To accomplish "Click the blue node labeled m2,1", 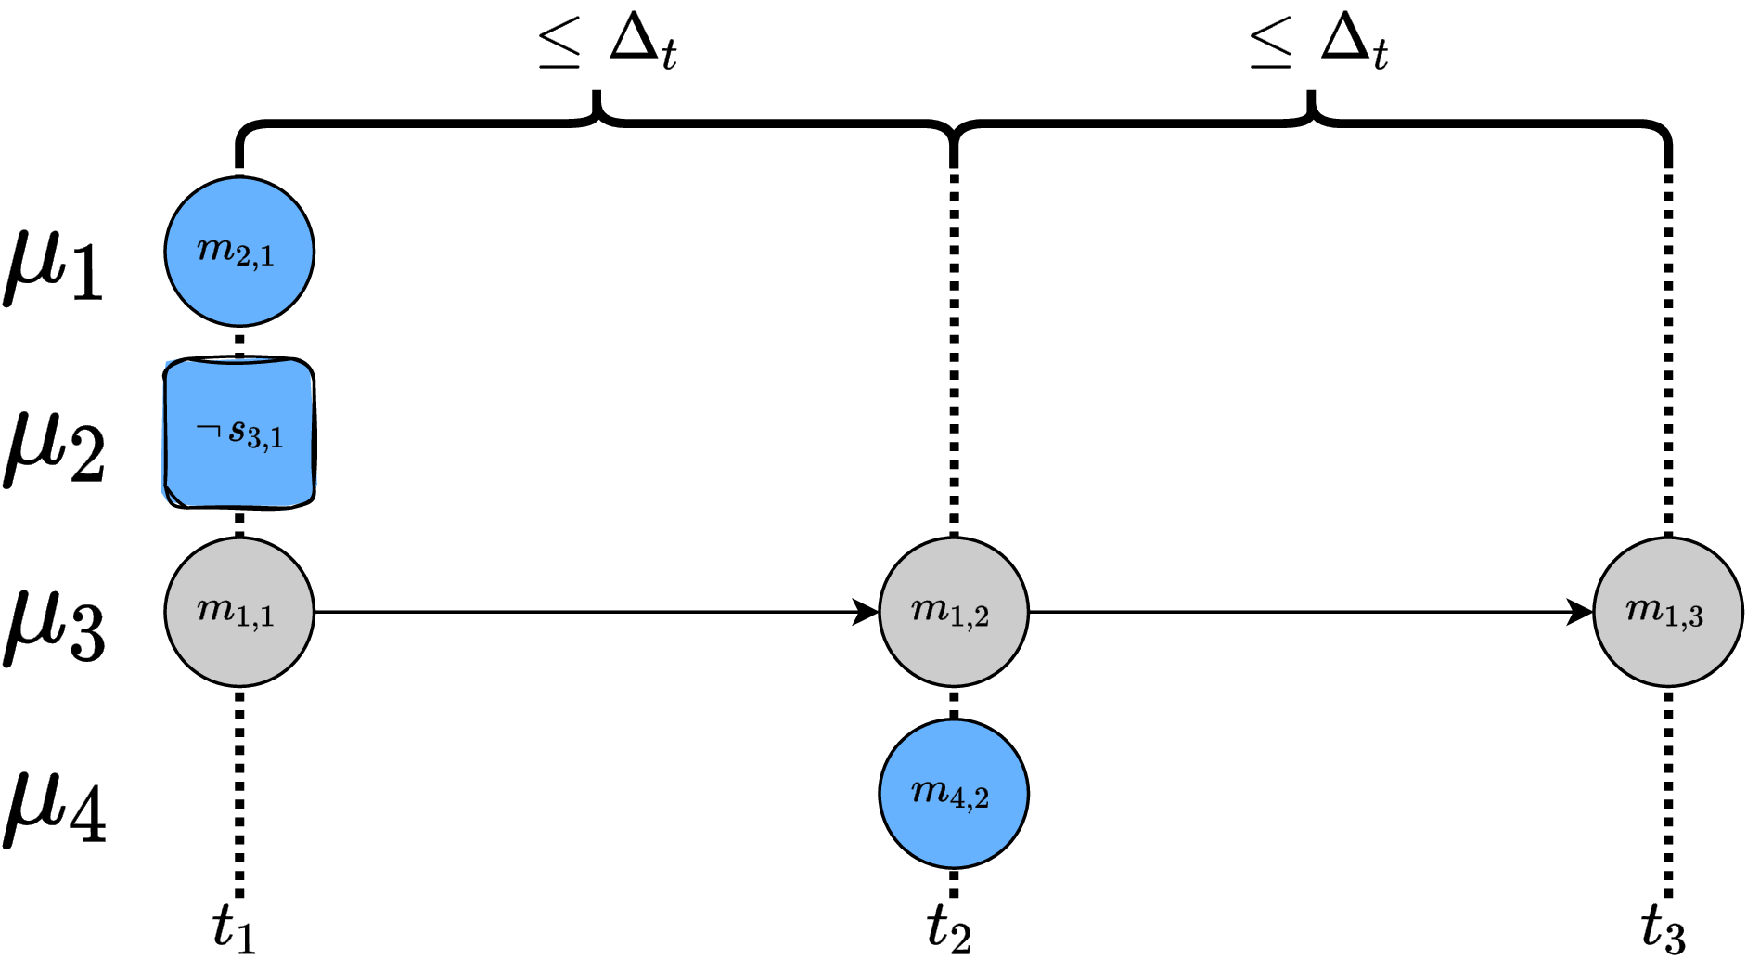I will [239, 252].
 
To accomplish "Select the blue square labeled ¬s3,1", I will [239, 433].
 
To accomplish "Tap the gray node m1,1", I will [239, 612].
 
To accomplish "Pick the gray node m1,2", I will [954, 612].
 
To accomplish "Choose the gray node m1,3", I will [1667, 612].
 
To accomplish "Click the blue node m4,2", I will [954, 793].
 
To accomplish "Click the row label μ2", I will [54, 446].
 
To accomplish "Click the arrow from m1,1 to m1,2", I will [594, 612].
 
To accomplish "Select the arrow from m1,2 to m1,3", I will [1308, 612].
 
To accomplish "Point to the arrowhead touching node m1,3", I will [1580, 612].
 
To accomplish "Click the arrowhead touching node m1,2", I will [866, 612].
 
